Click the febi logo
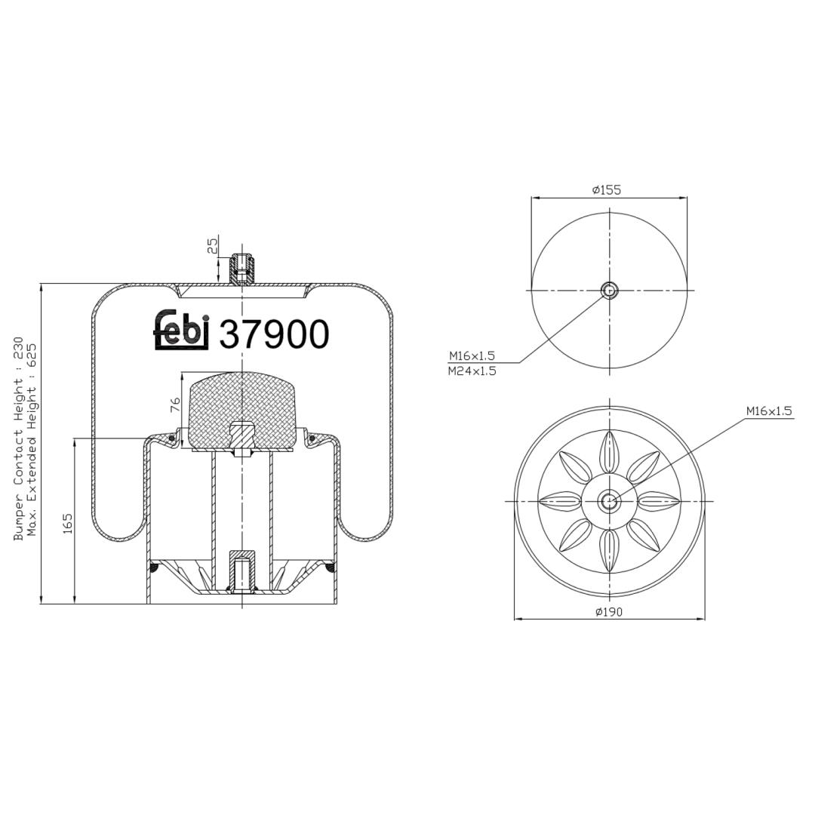click(x=182, y=331)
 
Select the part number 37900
click(x=275, y=334)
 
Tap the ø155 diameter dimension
click(x=607, y=189)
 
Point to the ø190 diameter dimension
click(x=609, y=612)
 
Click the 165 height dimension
click(x=67, y=524)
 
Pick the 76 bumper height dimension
click(x=174, y=405)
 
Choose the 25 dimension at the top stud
click(x=213, y=245)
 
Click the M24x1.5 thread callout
click(x=472, y=371)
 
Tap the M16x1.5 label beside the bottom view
click(x=769, y=411)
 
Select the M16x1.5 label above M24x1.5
click(x=472, y=356)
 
